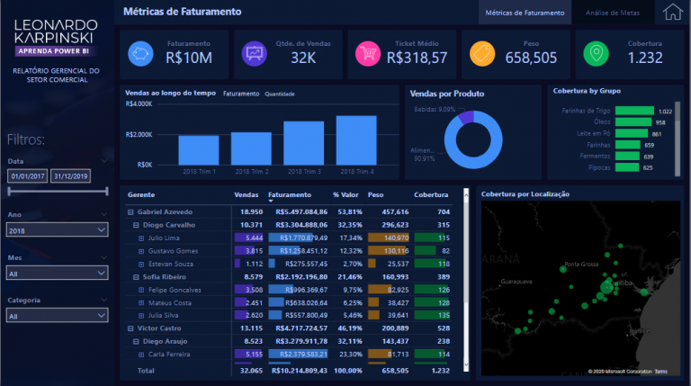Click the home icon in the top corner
coord(671,12)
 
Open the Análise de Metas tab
coord(612,13)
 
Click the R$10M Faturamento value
coord(188,58)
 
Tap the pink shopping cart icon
coord(366,54)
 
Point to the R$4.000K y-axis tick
coord(139,104)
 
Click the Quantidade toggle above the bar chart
coord(280,94)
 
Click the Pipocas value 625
coord(648,167)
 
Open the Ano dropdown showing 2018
coord(56,230)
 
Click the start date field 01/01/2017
coord(28,176)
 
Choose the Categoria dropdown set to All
coord(56,316)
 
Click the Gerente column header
coord(141,194)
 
